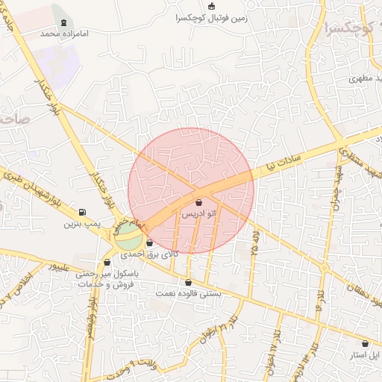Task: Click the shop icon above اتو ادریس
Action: point(198,203)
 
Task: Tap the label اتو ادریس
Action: point(199,214)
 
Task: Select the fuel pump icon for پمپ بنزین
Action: point(81,212)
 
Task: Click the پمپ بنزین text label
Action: point(81,223)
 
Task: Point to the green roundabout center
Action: point(129,240)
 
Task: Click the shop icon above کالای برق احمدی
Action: point(150,243)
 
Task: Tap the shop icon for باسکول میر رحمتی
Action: point(107,263)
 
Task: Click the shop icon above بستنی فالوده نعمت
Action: point(187,283)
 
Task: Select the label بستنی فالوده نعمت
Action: point(187,294)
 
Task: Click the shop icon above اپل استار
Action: point(365,344)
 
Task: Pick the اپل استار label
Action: point(365,355)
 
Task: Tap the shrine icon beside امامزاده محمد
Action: point(63,22)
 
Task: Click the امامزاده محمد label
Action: point(60,34)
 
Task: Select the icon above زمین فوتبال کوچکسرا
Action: point(212,6)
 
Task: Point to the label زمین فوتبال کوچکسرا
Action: point(210,17)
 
